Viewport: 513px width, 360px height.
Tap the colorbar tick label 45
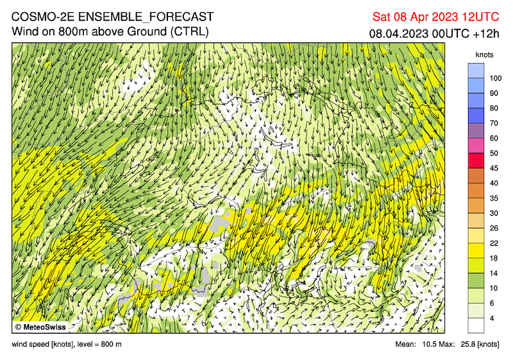pos(494,168)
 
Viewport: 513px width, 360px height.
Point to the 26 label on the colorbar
pos(494,228)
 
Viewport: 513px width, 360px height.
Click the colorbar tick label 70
pos(494,123)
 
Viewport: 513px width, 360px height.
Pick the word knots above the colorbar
pos(485,55)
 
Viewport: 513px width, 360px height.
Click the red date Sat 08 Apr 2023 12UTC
pos(437,17)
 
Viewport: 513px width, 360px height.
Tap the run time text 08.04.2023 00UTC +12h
pos(433,33)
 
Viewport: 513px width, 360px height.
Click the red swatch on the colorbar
pos(476,160)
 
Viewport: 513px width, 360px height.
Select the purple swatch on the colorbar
pos(476,131)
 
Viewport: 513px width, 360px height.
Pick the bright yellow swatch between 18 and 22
pos(476,250)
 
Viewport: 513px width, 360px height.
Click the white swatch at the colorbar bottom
pos(476,325)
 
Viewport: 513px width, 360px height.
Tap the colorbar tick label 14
pos(494,273)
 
